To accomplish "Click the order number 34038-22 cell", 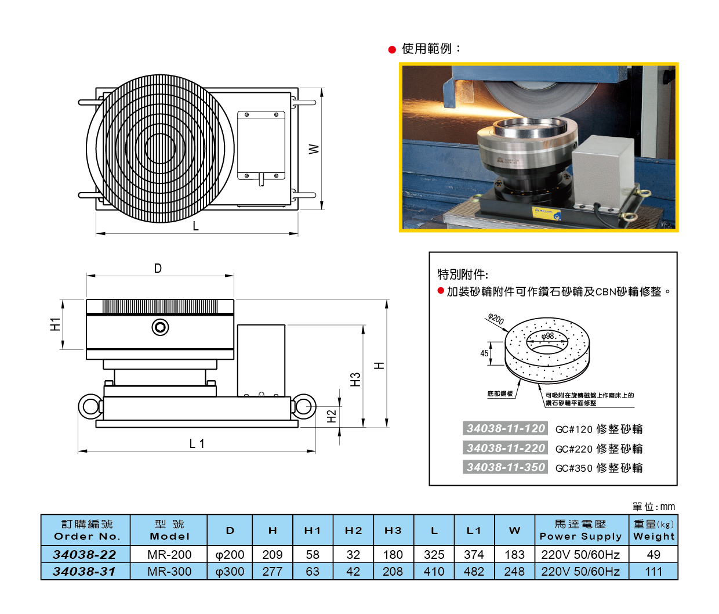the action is tap(85, 554).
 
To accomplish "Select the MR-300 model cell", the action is tap(169, 571).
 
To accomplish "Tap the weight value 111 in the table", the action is tap(653, 571).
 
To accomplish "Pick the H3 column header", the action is tap(393, 530).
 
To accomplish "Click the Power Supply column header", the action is tap(581, 530).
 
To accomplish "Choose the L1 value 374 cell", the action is tap(474, 554).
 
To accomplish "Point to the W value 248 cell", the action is tap(514, 571).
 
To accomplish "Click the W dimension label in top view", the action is tap(314, 149).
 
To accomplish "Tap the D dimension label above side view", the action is tap(158, 268).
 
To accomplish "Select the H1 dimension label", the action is tap(55, 324).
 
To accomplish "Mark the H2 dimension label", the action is tap(332, 416).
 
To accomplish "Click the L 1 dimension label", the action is tap(197, 443).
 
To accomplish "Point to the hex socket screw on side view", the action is tap(161, 327).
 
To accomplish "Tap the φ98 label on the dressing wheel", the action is tap(548, 336).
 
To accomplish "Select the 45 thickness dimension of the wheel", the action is tap(484, 353).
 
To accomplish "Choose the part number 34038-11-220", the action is tap(506, 448).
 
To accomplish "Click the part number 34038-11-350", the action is tap(506, 467).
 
